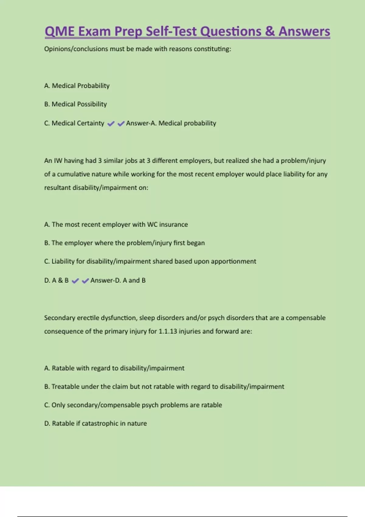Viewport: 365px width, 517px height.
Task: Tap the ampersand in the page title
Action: coord(269,31)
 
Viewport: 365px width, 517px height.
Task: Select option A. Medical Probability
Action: coord(77,86)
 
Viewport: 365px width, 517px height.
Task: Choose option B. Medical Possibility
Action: coord(75,104)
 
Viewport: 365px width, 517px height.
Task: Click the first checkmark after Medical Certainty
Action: coord(111,123)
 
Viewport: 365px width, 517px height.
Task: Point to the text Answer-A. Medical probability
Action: coord(171,123)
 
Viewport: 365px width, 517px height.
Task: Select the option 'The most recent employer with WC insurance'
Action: coord(116,224)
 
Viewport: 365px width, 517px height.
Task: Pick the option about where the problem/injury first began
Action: coord(124,243)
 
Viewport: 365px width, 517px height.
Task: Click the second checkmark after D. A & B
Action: coord(85,281)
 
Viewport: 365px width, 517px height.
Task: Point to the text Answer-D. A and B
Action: coord(118,280)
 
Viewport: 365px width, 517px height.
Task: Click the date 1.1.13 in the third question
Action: coord(168,331)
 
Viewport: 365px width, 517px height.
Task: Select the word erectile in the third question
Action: coord(88,318)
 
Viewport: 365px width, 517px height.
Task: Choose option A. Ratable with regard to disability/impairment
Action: coord(114,368)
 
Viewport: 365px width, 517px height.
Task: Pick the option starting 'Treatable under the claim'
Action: coord(164,387)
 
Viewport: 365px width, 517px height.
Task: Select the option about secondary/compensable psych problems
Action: coord(133,405)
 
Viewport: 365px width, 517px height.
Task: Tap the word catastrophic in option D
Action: coord(100,423)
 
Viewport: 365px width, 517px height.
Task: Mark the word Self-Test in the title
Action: coord(171,31)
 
